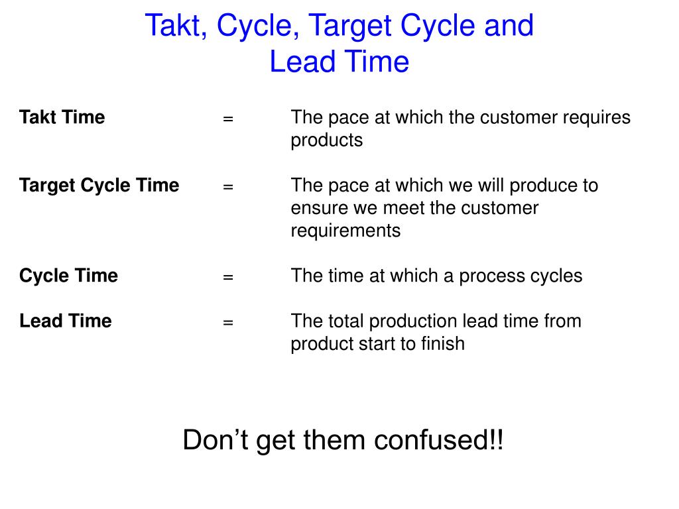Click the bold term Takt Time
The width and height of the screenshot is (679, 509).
pyautogui.click(x=62, y=117)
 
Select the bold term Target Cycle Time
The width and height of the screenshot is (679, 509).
pyautogui.click(x=99, y=185)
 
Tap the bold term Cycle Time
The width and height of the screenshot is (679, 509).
pyautogui.click(x=68, y=275)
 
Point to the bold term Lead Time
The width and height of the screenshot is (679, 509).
pyautogui.click(x=66, y=321)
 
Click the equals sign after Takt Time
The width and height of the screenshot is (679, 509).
pyautogui.click(x=228, y=119)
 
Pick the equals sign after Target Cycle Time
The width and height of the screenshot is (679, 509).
pyautogui.click(x=228, y=187)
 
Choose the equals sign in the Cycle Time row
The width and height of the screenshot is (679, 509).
pyautogui.click(x=228, y=277)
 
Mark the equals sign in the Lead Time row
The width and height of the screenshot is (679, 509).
pyautogui.click(x=228, y=323)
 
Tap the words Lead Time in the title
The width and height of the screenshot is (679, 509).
pyautogui.click(x=339, y=62)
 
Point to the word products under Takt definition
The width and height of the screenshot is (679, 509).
pyautogui.click(x=327, y=141)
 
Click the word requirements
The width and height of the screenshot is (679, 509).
pyautogui.click(x=345, y=231)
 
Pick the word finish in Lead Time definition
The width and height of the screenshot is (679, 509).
pyautogui.click(x=443, y=343)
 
